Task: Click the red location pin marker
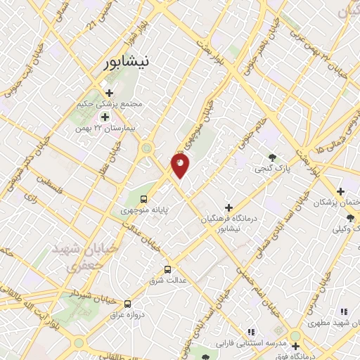click(x=180, y=166)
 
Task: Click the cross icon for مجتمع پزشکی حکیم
click(x=109, y=92)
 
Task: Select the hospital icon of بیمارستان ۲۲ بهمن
click(x=105, y=117)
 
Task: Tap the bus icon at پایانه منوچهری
click(x=143, y=198)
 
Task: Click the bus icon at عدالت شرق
click(x=167, y=269)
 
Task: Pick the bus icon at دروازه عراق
click(x=127, y=304)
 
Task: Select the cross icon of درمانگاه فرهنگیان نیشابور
click(x=228, y=207)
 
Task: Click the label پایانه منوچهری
click(x=143, y=210)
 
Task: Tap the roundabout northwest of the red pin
click(x=146, y=148)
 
